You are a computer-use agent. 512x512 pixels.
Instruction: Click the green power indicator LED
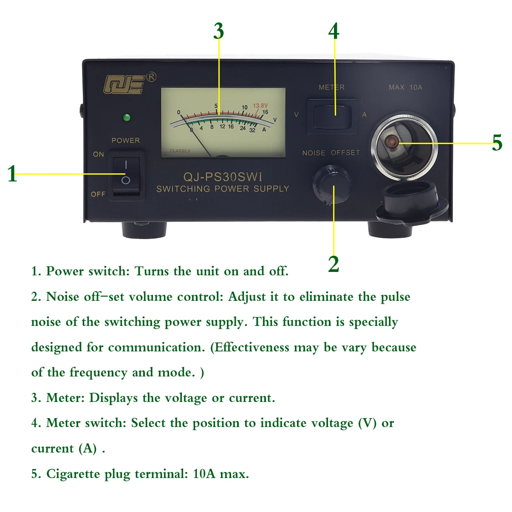(x=126, y=118)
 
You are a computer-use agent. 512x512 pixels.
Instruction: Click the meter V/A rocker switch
(x=333, y=114)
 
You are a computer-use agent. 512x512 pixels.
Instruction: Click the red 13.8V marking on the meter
(x=260, y=105)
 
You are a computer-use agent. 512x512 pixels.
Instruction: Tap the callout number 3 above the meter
(x=218, y=31)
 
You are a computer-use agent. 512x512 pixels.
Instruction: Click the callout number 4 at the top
(x=334, y=31)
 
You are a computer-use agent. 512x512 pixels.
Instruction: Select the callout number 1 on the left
(x=12, y=174)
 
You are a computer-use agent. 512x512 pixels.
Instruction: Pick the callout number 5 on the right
(x=497, y=143)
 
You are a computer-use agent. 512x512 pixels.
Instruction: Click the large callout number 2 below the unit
(x=334, y=264)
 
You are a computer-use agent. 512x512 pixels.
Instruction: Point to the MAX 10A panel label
(x=405, y=87)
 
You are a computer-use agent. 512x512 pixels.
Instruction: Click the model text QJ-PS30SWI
(x=223, y=176)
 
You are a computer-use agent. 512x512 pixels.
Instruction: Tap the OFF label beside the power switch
(x=98, y=194)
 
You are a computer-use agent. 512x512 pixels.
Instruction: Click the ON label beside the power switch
(x=98, y=154)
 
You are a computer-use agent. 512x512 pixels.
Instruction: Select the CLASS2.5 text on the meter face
(x=180, y=151)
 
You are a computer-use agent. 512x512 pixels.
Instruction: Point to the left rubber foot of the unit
(x=144, y=229)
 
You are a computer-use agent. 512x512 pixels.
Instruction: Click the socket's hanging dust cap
(x=411, y=202)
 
